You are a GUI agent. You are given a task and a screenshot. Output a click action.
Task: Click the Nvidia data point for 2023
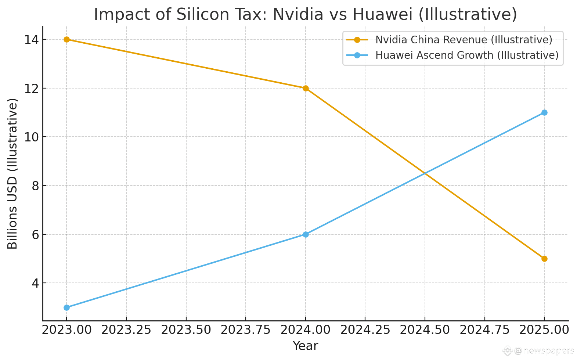coord(66,40)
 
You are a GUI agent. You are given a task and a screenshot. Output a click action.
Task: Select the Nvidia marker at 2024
coord(306,88)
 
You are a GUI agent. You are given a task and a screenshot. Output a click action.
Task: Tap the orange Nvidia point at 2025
coord(544,259)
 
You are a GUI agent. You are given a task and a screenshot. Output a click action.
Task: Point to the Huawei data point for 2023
coord(66,307)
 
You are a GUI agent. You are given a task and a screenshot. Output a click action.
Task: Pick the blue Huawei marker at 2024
coord(306,234)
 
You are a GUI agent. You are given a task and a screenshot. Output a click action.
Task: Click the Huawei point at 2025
coord(544,112)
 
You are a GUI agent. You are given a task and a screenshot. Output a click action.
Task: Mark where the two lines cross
coord(425,173)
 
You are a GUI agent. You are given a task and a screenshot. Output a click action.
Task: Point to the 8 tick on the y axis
coord(35,186)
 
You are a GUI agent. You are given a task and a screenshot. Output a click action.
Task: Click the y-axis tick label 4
coord(35,283)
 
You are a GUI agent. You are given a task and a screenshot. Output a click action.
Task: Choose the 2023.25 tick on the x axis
coord(126,330)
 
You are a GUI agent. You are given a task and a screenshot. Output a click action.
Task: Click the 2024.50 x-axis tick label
coord(425,330)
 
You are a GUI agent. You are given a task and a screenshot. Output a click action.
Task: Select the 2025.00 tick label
coord(544,330)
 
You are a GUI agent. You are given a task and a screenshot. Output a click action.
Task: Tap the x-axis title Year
coord(305,346)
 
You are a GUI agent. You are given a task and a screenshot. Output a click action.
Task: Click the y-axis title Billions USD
coord(12,173)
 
